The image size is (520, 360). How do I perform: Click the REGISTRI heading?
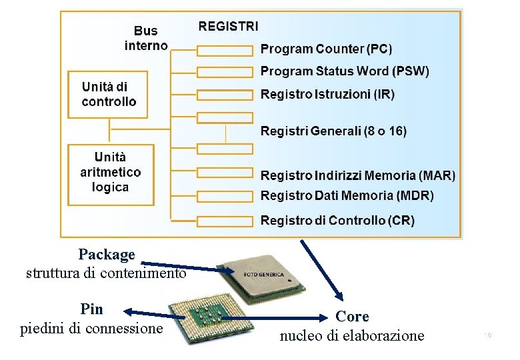pos(229,27)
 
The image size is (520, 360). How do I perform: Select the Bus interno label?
pos(146,38)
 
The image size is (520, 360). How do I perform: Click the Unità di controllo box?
pos(108,94)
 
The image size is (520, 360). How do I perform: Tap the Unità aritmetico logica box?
pos(111,172)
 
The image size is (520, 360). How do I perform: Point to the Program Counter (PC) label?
pos(326,49)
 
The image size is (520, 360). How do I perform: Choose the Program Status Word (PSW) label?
pos(344,71)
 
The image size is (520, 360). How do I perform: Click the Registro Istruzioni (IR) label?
pos(327,95)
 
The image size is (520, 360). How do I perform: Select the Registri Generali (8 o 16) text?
pos(333,131)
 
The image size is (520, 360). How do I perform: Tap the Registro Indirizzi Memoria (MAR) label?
pos(357,176)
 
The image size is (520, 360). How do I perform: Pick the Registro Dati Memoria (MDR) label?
pos(347,196)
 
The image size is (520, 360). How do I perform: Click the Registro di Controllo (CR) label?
pos(337,220)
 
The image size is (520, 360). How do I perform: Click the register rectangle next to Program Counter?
pos(225,50)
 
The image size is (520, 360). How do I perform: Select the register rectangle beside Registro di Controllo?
pos(225,221)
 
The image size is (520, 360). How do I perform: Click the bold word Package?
pos(107,255)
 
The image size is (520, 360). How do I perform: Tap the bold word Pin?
pos(91,309)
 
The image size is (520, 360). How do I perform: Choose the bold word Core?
pos(352,316)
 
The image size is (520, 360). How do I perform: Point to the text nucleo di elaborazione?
pos(351,335)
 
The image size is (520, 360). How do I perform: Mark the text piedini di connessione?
pos(92,329)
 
